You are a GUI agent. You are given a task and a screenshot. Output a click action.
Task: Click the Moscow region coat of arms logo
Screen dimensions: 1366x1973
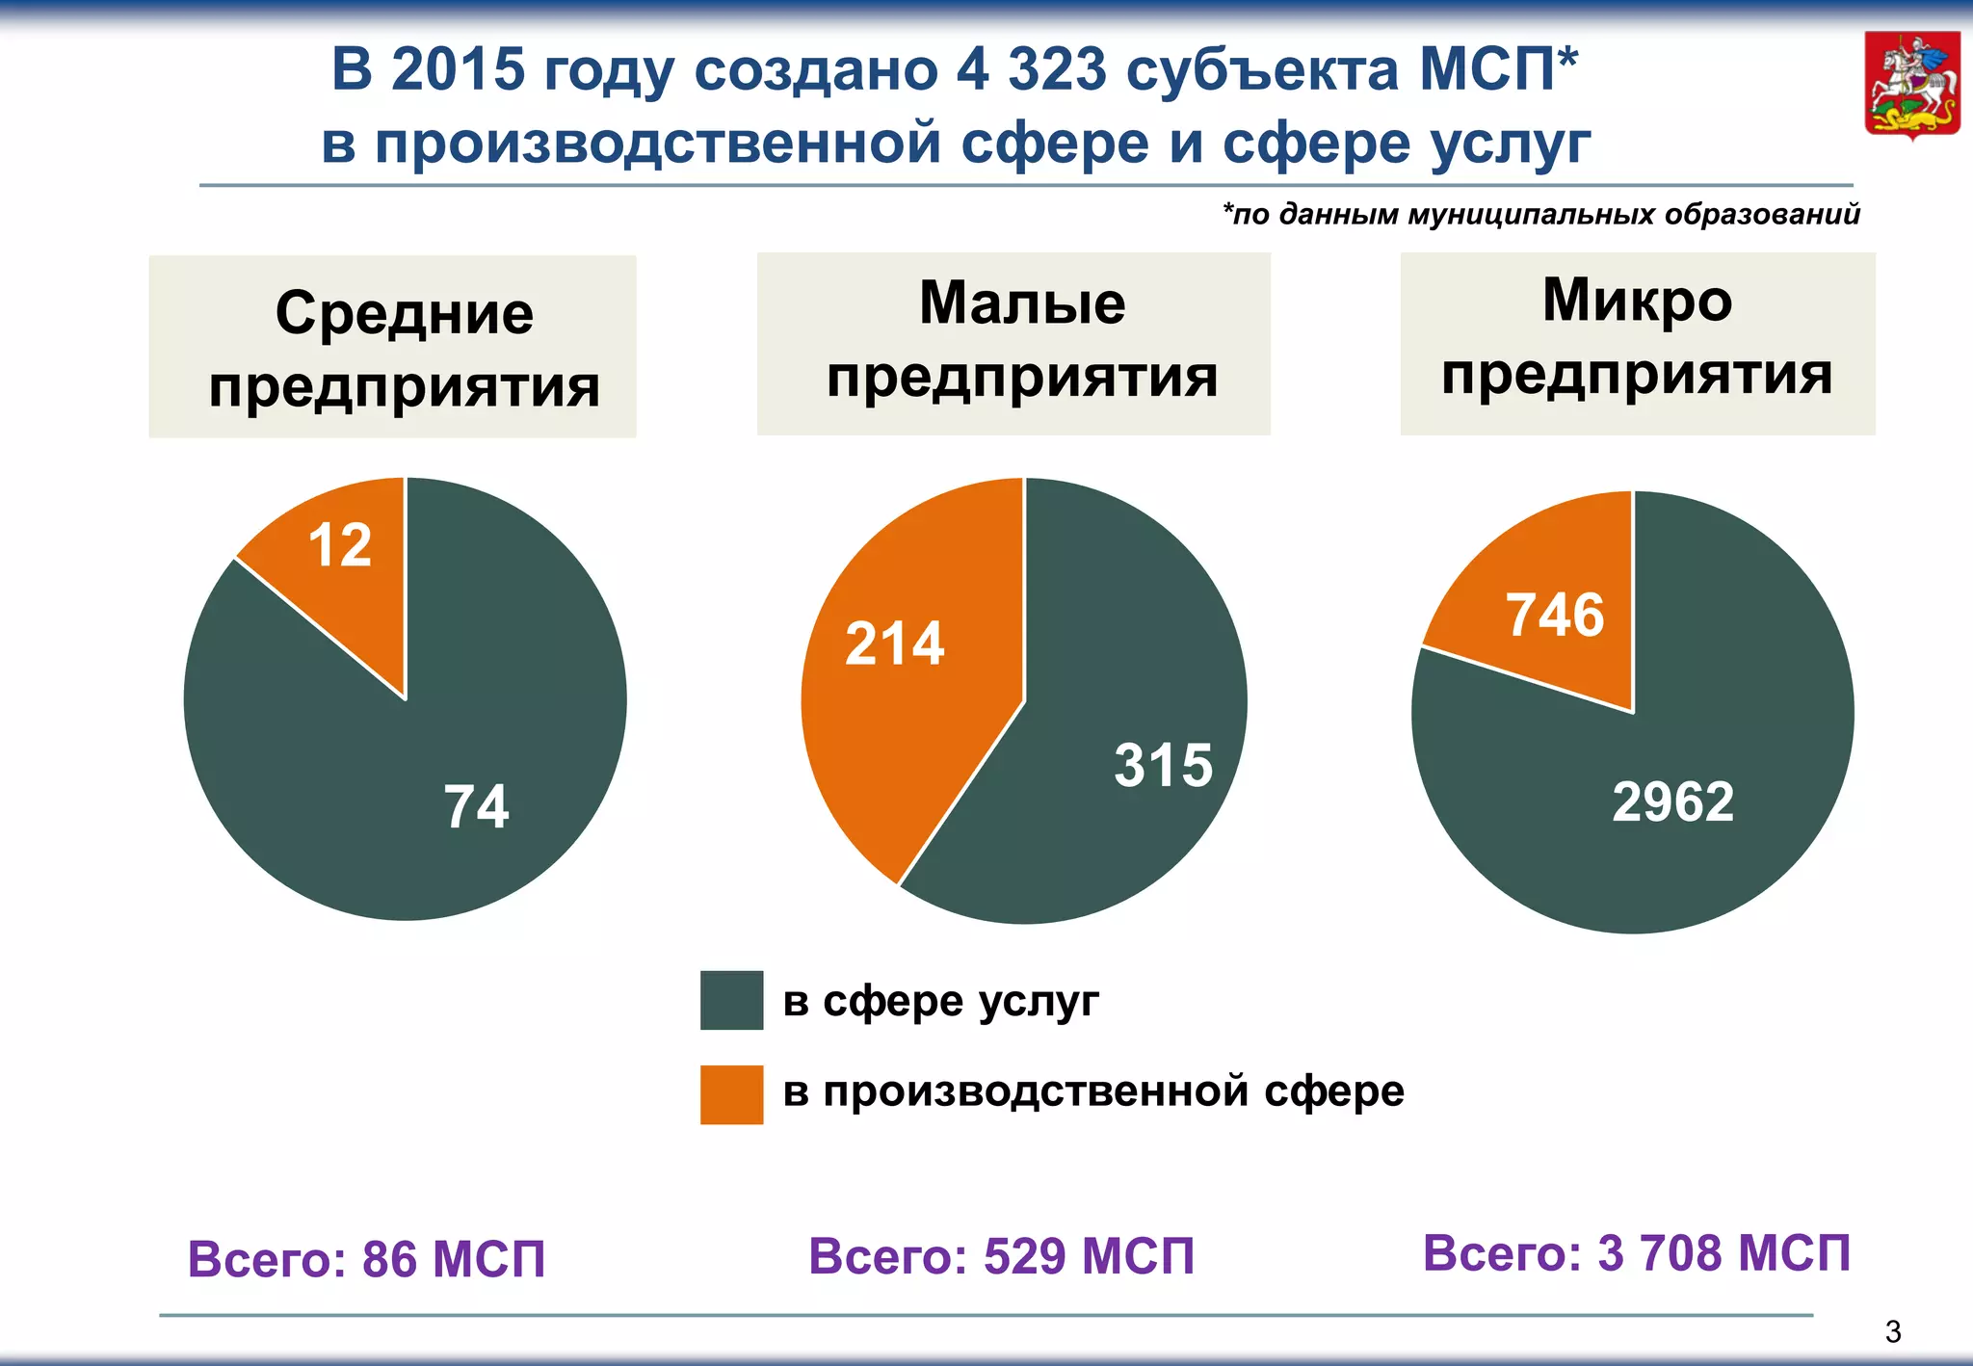[x=1912, y=86]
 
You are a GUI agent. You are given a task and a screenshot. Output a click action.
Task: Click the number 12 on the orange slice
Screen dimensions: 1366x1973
[x=340, y=545]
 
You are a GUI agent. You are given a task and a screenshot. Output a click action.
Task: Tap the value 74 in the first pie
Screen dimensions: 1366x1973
[x=476, y=806]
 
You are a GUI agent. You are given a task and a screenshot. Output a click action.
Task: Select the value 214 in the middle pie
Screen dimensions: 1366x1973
[x=894, y=644]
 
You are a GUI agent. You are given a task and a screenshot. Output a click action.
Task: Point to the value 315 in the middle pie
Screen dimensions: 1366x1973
[x=1163, y=766]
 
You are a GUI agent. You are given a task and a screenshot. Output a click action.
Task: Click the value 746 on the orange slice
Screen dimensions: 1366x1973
[x=1555, y=615]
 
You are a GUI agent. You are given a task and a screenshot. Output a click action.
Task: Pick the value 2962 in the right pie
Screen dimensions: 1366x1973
[x=1672, y=801]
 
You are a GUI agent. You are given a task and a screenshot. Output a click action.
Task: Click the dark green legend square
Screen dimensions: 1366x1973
[x=731, y=1000]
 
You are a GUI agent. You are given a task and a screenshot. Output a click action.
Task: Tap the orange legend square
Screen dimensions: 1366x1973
[x=731, y=1094]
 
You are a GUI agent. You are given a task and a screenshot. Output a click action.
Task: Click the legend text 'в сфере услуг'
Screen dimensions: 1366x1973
[x=940, y=1001]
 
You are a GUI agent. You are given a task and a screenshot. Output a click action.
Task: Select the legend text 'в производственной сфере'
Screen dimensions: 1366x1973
[x=1093, y=1091]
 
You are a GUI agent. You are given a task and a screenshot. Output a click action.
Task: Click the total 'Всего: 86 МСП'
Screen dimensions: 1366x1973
[x=366, y=1259]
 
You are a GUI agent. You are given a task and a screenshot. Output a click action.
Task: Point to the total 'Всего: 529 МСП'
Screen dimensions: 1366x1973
[x=1001, y=1256]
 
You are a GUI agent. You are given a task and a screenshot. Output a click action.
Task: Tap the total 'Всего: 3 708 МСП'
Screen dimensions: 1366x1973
[x=1636, y=1253]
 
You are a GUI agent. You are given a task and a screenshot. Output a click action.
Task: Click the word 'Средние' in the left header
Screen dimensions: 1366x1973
[x=405, y=313]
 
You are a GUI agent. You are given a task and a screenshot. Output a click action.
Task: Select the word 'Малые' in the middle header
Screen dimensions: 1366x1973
[x=1022, y=302]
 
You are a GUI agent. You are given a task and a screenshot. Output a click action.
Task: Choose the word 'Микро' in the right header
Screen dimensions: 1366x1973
[x=1637, y=300]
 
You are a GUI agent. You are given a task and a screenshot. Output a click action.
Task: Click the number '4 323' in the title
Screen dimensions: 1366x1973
[x=1032, y=69]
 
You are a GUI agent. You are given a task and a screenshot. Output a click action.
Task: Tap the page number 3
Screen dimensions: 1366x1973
[x=1893, y=1331]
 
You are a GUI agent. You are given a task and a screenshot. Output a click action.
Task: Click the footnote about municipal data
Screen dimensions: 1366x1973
[x=1540, y=214]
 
